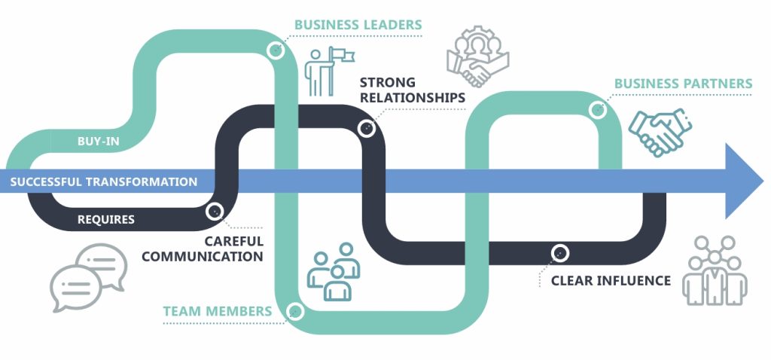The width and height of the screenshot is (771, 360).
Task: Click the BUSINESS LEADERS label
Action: pyautogui.click(x=358, y=25)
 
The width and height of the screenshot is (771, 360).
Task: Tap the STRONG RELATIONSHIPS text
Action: pyautogui.click(x=411, y=90)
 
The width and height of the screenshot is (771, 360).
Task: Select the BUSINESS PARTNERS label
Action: pyautogui.click(x=683, y=84)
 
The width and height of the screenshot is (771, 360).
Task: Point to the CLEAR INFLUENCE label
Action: pyautogui.click(x=611, y=281)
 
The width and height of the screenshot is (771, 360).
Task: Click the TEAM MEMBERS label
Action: pyautogui.click(x=218, y=311)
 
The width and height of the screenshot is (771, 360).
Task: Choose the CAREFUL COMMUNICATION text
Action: pyautogui.click(x=203, y=249)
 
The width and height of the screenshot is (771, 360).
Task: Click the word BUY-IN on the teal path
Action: pyautogui.click(x=99, y=141)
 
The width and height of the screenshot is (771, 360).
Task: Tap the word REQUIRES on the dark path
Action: pyautogui.click(x=106, y=220)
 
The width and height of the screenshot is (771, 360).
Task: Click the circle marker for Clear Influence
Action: pyautogui.click(x=559, y=253)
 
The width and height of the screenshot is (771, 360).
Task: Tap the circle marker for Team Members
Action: pyautogui.click(x=295, y=310)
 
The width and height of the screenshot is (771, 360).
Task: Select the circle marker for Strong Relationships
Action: pyautogui.click(x=367, y=128)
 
